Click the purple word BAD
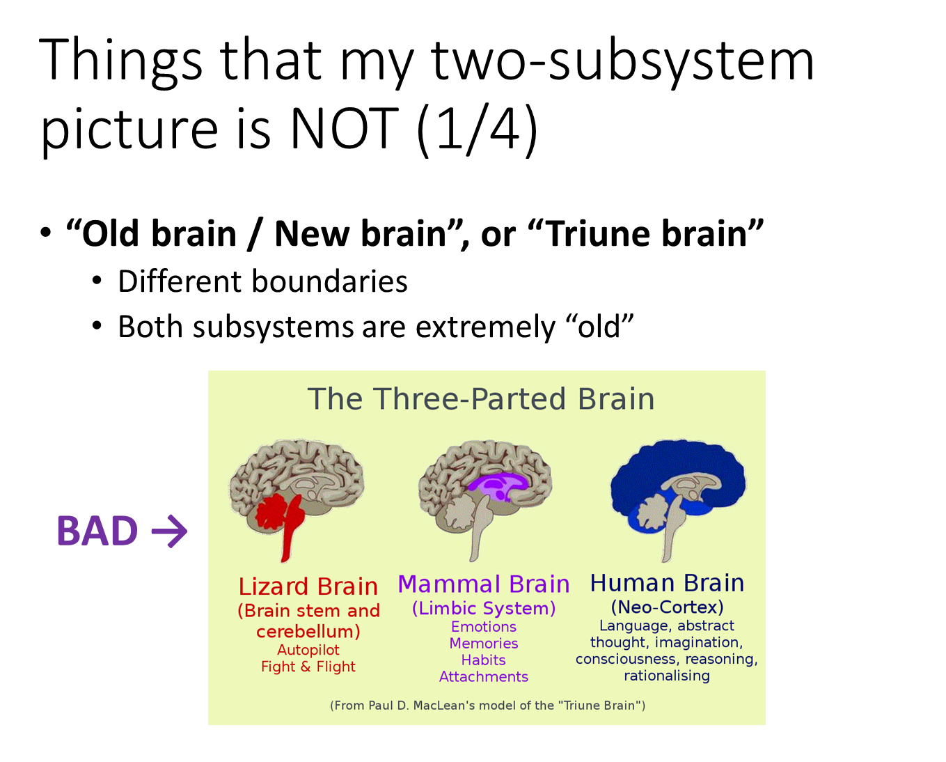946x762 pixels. click(97, 531)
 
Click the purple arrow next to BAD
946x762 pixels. click(170, 531)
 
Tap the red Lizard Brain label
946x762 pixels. click(308, 586)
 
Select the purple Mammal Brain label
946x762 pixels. click(484, 584)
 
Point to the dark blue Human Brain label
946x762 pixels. click(667, 583)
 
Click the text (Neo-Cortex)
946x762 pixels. click(667, 607)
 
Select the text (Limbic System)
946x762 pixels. click(484, 609)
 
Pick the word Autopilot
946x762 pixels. click(308, 650)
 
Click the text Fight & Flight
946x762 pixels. click(308, 667)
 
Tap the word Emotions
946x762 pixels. click(484, 626)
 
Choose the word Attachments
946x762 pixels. click(484, 676)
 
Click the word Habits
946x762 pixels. click(484, 660)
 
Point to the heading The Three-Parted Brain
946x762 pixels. click(481, 399)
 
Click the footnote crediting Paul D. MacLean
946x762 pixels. click(487, 706)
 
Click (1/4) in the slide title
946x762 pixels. click(477, 130)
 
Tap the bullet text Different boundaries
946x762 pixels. click(262, 281)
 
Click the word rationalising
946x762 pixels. click(667, 676)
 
